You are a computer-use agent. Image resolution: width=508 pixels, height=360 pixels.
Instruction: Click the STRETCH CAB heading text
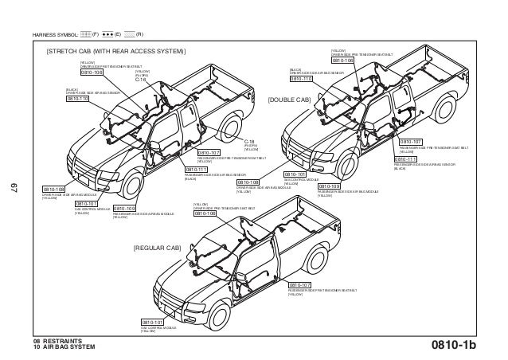click(x=115, y=52)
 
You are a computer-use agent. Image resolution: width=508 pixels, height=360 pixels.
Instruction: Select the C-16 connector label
click(x=141, y=80)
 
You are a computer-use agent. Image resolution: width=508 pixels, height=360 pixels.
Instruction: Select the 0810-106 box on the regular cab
click(x=205, y=213)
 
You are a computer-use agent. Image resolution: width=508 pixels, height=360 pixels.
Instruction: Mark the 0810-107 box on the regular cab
click(x=300, y=284)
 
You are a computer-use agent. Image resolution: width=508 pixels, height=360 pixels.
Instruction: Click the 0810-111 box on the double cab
click(x=407, y=158)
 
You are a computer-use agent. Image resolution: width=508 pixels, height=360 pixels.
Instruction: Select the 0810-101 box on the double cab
click(x=296, y=174)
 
